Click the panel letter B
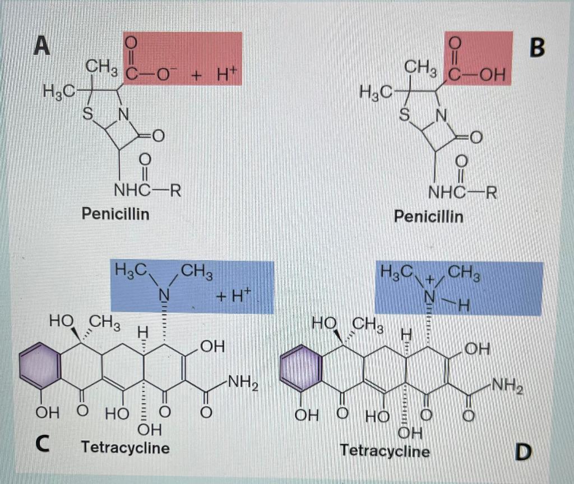click(536, 48)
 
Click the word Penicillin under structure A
click(115, 214)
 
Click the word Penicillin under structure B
click(429, 216)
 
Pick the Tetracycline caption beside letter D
click(385, 450)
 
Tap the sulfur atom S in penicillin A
click(87, 113)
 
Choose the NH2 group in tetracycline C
click(241, 385)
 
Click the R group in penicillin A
click(174, 191)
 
